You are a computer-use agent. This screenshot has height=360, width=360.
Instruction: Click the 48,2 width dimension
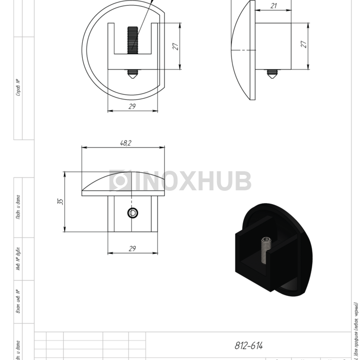point(125,143)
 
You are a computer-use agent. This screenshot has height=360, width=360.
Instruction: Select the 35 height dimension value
point(61,202)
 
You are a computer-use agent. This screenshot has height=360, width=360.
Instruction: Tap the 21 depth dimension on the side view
point(273,6)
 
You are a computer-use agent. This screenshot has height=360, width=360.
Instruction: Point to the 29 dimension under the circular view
point(132,106)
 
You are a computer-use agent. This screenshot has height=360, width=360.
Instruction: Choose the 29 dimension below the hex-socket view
point(132,249)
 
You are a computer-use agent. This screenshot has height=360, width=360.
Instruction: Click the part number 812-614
point(248,346)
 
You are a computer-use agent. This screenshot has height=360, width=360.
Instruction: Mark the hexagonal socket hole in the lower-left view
point(133,213)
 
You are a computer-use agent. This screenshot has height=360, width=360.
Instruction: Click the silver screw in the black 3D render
point(266,250)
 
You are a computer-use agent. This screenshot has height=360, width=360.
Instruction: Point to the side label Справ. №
point(18,87)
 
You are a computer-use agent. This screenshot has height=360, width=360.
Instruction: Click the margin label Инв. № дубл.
point(18,260)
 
